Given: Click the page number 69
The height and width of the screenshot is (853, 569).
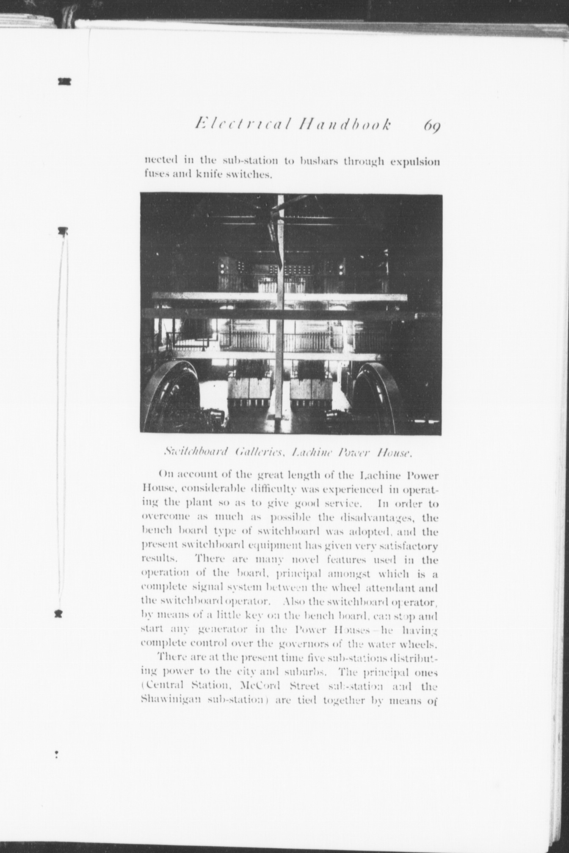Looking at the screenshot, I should click(431, 126).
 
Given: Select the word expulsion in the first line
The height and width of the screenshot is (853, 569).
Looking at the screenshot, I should click(415, 162).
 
